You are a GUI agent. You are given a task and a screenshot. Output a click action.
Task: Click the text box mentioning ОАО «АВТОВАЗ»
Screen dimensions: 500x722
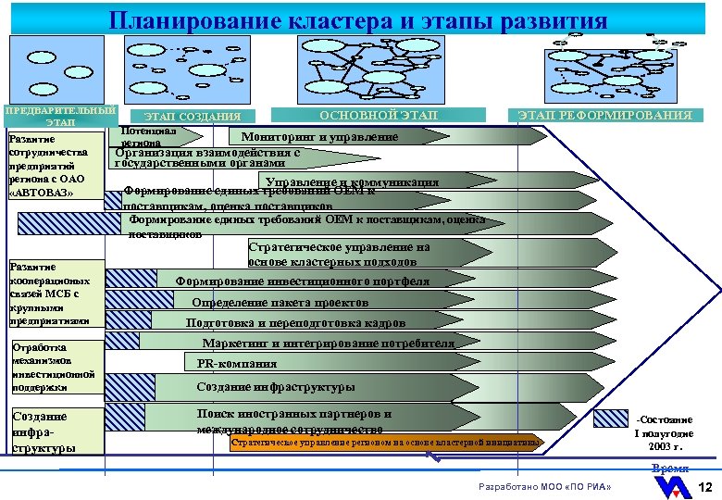pos(54,166)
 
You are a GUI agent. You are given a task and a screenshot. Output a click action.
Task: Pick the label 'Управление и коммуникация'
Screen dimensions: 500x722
pos(352,181)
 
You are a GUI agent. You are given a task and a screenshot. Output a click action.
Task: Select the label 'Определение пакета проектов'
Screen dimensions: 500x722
pos(280,302)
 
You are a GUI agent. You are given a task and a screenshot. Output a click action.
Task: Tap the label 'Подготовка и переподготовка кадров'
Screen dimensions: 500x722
pos(295,323)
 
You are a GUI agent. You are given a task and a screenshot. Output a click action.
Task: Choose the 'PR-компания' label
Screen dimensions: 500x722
pos(237,364)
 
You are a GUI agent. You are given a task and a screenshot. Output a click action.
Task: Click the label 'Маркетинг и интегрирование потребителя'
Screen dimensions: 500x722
pos(328,344)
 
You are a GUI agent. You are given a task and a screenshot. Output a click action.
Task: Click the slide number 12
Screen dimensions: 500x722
pos(705,488)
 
